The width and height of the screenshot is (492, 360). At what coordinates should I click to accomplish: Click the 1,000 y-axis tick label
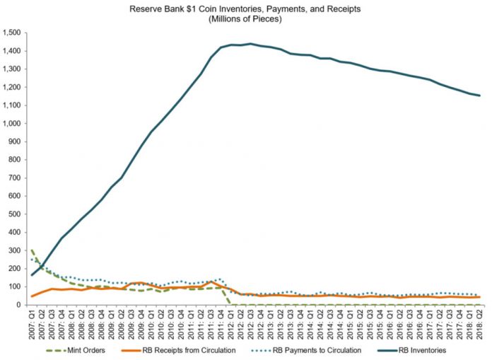click(x=12, y=124)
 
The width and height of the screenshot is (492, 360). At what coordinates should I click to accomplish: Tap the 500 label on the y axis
click(x=16, y=214)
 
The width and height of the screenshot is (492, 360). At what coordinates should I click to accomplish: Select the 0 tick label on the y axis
click(x=21, y=305)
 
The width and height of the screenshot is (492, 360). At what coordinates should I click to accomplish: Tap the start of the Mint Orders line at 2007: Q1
click(x=32, y=250)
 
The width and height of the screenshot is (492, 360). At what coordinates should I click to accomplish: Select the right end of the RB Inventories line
click(x=480, y=95)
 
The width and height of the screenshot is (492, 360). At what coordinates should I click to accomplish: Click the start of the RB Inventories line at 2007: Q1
click(x=32, y=275)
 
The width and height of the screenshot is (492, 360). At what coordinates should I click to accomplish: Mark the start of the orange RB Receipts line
click(x=32, y=296)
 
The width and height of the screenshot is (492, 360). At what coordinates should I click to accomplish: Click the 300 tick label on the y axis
click(x=16, y=250)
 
